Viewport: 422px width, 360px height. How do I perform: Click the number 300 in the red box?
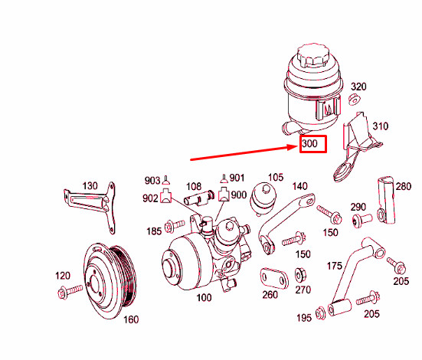[x=312, y=143]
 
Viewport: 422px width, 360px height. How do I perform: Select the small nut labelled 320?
[x=355, y=100]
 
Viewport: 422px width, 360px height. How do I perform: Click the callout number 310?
[x=380, y=126]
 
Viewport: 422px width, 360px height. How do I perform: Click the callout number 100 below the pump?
[x=205, y=299]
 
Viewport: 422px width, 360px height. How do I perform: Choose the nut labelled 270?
[x=301, y=273]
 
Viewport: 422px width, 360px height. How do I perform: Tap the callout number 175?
[x=334, y=266]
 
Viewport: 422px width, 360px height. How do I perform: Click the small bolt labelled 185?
[x=175, y=227]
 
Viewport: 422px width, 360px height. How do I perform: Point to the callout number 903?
[x=152, y=181]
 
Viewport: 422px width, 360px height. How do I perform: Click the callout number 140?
[x=300, y=186]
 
